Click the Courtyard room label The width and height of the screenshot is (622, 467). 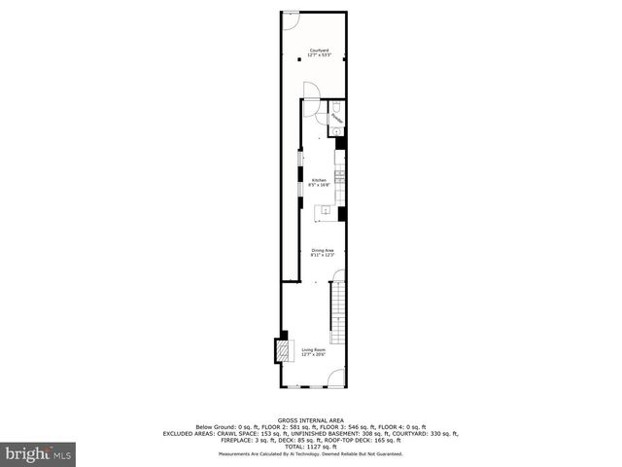click(319, 50)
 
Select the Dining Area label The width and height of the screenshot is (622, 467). click(322, 250)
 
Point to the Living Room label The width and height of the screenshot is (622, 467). click(313, 349)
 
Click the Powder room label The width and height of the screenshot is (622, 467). click(335, 117)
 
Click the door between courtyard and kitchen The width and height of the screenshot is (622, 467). click(310, 90)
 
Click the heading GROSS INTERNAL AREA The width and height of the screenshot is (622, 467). click(310, 420)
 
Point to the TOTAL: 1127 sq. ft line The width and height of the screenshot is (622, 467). click(311, 447)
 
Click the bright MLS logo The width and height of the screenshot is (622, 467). click(39, 454)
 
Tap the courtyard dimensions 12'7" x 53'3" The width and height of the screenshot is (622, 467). click(320, 55)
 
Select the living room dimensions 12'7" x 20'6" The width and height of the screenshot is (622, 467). click(313, 355)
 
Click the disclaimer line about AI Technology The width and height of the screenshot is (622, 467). click(311, 453)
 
